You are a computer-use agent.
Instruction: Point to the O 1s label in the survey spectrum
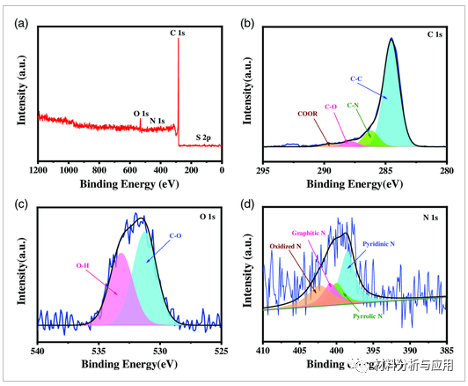pos(143,113)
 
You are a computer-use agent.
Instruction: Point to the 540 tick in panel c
pos(38,350)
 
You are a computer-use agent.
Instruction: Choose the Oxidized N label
pos(288,247)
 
